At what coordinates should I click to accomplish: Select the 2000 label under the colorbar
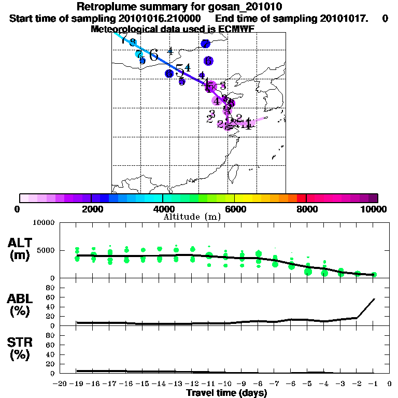(91, 209)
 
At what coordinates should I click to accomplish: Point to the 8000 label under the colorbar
(306, 209)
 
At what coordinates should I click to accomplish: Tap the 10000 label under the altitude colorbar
(374, 209)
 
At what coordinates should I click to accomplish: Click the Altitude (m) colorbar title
(192, 217)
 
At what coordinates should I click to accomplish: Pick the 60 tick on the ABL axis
(50, 297)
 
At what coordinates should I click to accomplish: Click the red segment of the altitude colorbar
(301, 198)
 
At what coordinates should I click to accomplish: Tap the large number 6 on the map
(153, 55)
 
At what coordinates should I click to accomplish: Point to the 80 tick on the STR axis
(50, 335)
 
